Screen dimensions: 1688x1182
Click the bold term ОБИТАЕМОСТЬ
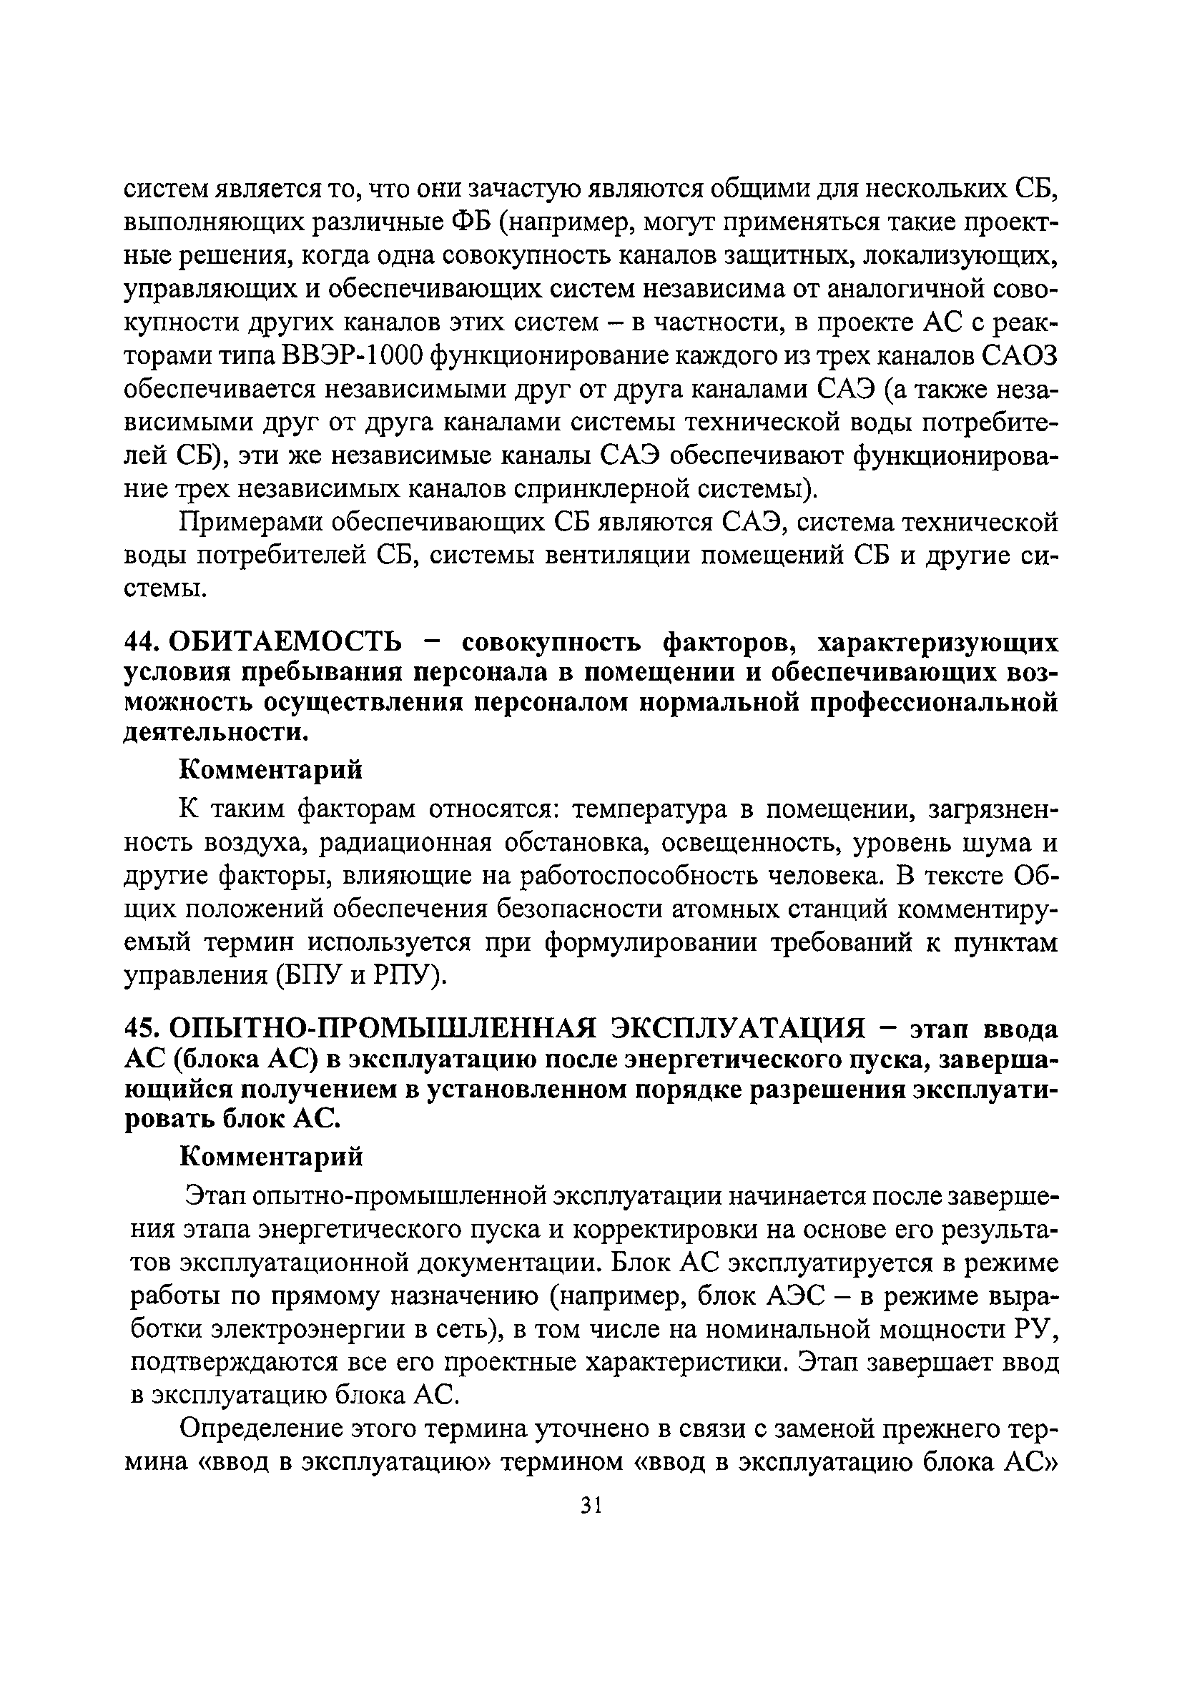point(286,642)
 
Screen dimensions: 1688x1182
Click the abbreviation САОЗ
point(1020,356)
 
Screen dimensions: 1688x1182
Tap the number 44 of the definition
point(140,642)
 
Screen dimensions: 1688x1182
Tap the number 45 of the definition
point(140,1029)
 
